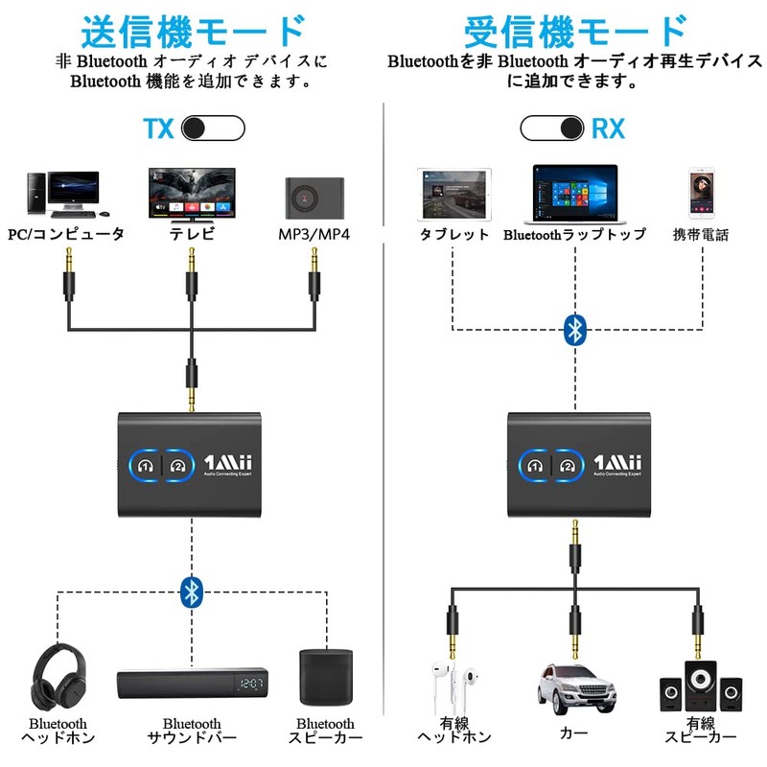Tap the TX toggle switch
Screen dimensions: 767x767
pos(213,128)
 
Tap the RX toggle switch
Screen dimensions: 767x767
pos(552,128)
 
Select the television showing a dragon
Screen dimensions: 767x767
pos(192,193)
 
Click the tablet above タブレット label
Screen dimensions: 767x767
pos(453,195)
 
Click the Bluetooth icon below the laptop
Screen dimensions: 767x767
pos(574,330)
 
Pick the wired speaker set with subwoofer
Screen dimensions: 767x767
pos(701,683)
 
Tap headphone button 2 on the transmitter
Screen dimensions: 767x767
pos(176,466)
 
